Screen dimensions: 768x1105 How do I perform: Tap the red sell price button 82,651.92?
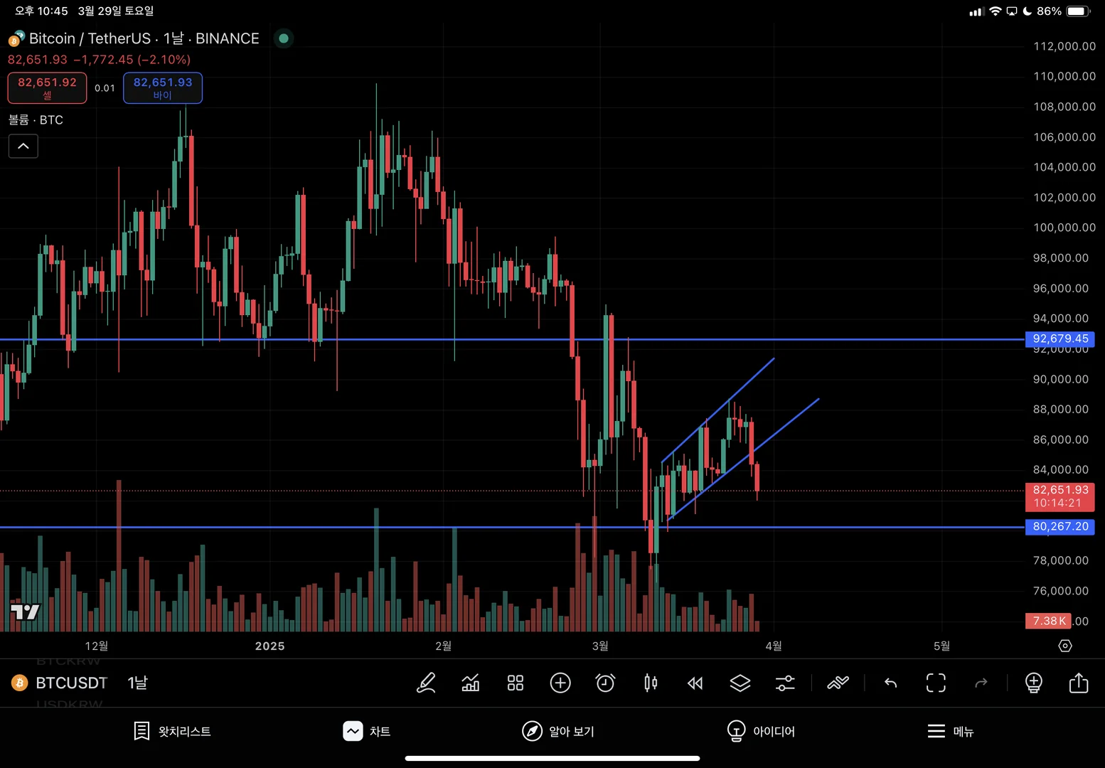pos(47,87)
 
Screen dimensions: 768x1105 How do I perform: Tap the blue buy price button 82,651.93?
pos(163,87)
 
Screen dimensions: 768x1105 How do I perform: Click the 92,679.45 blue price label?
pos(1059,338)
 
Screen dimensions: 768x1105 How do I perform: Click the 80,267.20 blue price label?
pos(1059,526)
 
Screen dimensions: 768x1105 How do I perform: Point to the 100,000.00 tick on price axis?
pos(1064,228)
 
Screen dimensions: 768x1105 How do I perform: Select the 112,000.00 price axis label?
pos(1064,46)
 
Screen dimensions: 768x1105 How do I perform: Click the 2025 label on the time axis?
pos(269,646)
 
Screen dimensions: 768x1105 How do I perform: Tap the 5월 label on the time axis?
pos(941,646)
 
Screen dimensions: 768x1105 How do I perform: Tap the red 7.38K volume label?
pos(1048,621)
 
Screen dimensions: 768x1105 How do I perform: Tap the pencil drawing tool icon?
pos(426,683)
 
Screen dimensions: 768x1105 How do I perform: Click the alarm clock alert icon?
pos(605,683)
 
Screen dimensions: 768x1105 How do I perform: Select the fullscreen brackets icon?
pos(936,683)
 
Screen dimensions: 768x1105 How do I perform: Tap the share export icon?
pos(1078,683)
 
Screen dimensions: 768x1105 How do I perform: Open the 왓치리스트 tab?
pos(172,731)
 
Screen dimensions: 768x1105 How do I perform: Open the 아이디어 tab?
pos(761,731)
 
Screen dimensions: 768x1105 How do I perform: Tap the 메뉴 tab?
pos(950,731)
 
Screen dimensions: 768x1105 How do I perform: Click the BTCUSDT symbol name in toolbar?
pos(71,683)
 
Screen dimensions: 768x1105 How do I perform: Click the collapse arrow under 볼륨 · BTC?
pos(23,146)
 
